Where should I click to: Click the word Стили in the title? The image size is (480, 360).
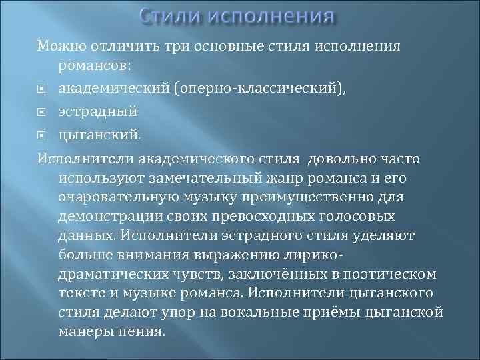(172, 15)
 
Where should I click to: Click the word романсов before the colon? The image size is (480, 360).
(95, 67)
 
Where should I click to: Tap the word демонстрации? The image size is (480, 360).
(107, 217)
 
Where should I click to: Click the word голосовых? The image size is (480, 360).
(369, 217)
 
